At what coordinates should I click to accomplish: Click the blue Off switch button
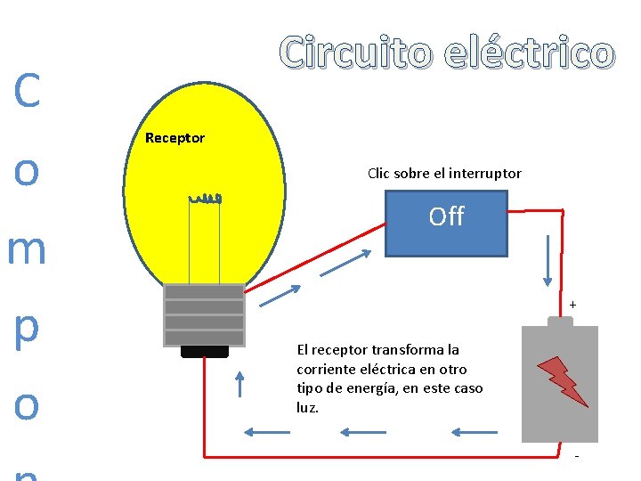(446, 224)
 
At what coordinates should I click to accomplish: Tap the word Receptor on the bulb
(174, 138)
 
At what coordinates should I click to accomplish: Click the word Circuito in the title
(356, 53)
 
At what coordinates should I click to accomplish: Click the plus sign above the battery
(572, 306)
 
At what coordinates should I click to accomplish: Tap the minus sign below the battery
(577, 457)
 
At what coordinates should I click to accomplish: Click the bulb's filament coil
(206, 199)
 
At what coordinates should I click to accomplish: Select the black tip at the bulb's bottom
(205, 352)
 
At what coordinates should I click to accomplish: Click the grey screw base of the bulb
(204, 314)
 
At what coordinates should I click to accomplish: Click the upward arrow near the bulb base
(239, 383)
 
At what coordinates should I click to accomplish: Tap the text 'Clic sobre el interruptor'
(444, 174)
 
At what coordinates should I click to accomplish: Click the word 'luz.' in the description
(307, 408)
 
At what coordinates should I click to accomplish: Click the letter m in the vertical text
(27, 249)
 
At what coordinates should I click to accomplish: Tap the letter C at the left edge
(27, 91)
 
